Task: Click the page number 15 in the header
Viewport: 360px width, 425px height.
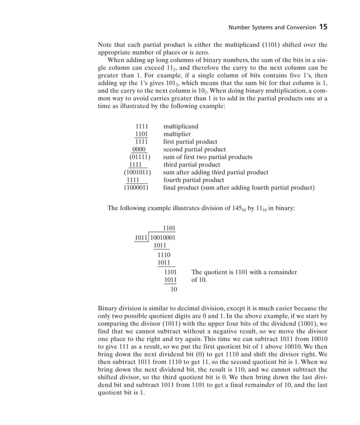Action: (323, 26)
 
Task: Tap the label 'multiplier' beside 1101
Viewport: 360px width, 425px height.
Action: (177, 134)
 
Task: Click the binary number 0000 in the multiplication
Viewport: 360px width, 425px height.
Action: (139, 150)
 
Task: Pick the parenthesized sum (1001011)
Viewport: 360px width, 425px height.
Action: (137, 172)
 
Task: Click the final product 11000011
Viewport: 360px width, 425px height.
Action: (137, 187)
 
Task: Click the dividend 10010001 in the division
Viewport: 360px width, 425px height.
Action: (163, 238)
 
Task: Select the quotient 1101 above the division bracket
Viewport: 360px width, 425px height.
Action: (168, 228)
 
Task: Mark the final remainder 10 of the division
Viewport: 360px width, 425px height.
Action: (174, 290)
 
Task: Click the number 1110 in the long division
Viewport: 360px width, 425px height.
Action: (164, 255)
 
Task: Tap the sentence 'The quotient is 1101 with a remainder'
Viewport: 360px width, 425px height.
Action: (244, 272)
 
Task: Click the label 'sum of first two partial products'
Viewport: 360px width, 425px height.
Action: (208, 157)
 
